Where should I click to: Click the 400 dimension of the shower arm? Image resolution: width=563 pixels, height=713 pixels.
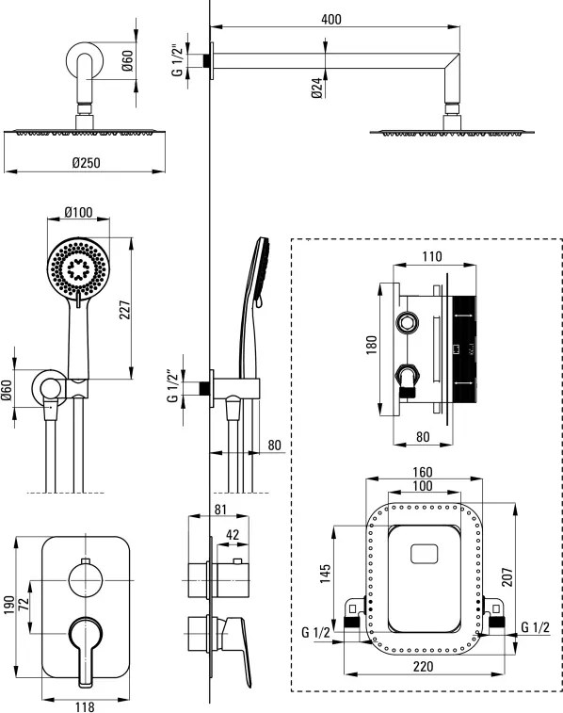coord(330,19)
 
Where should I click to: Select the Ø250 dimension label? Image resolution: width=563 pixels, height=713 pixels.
coord(86,162)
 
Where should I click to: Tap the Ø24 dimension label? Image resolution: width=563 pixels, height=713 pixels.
coord(317,88)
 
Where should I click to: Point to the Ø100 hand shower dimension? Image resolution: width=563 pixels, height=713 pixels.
coord(78,212)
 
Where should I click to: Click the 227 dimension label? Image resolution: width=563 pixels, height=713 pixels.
coord(125,310)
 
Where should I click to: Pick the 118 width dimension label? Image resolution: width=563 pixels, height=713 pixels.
coord(85,706)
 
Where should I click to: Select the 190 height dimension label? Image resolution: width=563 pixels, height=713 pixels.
coord(9,606)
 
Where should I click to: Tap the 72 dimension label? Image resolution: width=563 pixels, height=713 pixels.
coord(24,604)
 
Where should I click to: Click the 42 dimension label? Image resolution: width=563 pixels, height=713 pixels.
coord(233,535)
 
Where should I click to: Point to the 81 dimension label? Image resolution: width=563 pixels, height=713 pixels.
coord(220,510)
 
